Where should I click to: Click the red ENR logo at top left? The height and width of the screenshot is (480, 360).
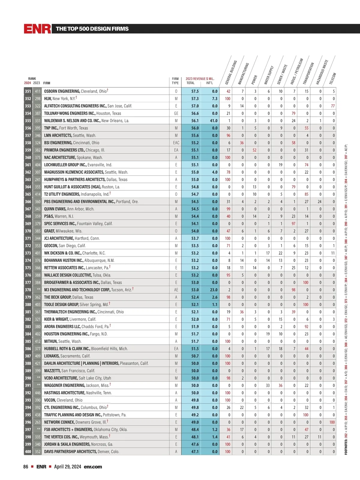tap(37, 29)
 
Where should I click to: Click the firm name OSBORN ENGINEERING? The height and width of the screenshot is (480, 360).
tap(62, 91)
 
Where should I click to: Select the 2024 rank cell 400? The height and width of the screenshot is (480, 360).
tap(28, 452)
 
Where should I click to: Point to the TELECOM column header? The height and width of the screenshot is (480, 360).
tap(333, 79)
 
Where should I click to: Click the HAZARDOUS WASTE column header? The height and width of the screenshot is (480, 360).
tap(322, 72)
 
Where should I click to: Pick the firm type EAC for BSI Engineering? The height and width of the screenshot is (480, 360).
tap(176, 143)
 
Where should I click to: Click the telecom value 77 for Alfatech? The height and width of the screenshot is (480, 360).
tap(333, 106)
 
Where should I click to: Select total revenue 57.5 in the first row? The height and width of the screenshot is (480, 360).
tap(195, 91)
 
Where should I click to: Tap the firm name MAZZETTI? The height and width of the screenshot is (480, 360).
tap(52, 371)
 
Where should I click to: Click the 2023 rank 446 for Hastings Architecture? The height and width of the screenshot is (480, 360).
tap(37, 393)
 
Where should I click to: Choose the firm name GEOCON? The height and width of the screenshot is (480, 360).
tap(51, 246)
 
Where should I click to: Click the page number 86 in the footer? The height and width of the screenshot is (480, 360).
tap(26, 467)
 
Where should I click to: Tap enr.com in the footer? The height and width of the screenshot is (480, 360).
tap(93, 467)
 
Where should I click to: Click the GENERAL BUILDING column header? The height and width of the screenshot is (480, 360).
tap(231, 72)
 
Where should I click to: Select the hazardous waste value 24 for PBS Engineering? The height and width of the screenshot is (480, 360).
tap(319, 202)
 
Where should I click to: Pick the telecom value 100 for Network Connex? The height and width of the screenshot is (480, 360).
tap(332, 422)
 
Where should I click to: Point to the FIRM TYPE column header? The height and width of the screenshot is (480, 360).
tap(175, 81)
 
